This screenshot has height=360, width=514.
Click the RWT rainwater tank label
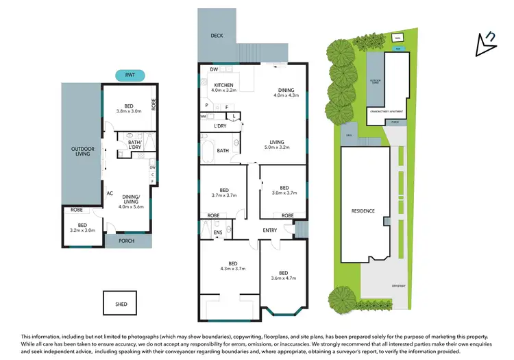130,75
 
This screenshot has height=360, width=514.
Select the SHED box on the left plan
120,300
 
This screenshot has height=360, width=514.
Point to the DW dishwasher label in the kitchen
215,69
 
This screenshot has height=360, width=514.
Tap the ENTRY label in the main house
270,230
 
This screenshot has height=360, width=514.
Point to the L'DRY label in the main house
221,126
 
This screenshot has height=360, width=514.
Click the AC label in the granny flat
110,193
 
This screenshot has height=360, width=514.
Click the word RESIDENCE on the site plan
363,211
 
